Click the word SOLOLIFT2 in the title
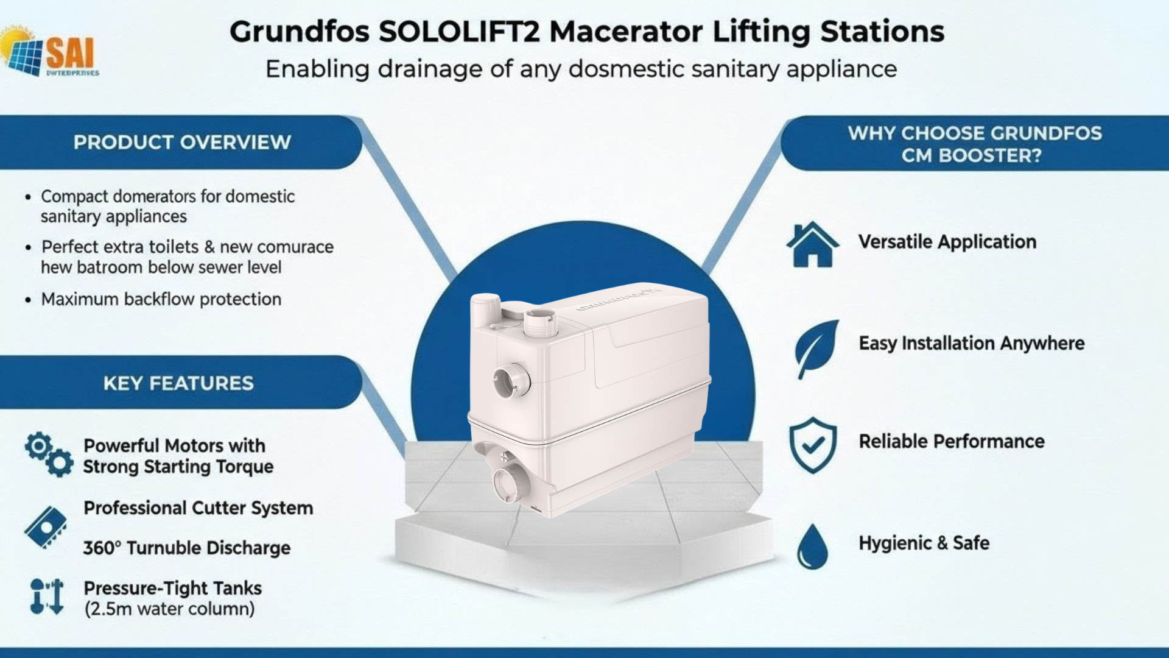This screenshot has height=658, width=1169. [x=459, y=32]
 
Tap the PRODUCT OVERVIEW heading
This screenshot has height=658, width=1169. [x=182, y=142]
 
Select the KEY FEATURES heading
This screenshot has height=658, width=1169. [x=178, y=383]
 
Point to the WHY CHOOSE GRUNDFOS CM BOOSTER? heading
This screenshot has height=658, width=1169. [x=974, y=144]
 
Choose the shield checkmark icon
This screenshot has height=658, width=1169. [x=813, y=445]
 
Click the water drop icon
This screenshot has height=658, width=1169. [x=812, y=546]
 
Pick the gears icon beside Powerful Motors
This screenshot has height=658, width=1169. [x=49, y=455]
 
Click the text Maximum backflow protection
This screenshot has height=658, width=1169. [x=161, y=299]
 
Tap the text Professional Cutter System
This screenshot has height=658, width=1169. [x=198, y=508]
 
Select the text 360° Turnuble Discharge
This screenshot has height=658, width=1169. [x=186, y=548]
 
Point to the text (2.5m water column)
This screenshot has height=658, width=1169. [x=169, y=609]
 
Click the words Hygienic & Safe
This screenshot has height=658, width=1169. [x=924, y=543]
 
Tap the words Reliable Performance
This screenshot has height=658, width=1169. [x=951, y=441]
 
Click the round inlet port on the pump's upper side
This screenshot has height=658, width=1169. [x=510, y=381]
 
